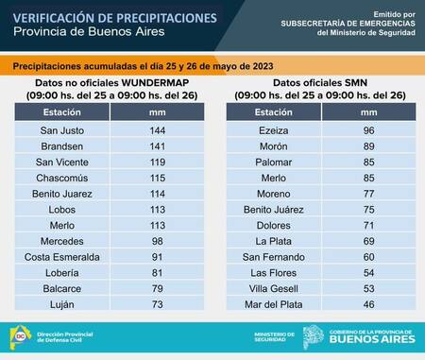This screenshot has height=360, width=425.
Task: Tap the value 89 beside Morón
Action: click(369, 146)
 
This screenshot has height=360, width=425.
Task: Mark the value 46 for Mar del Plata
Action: click(369, 304)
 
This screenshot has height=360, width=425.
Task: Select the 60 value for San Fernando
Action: click(369, 256)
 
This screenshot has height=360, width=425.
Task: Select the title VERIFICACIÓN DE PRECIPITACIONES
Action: click(115, 17)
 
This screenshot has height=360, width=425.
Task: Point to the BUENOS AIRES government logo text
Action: click(372, 340)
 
